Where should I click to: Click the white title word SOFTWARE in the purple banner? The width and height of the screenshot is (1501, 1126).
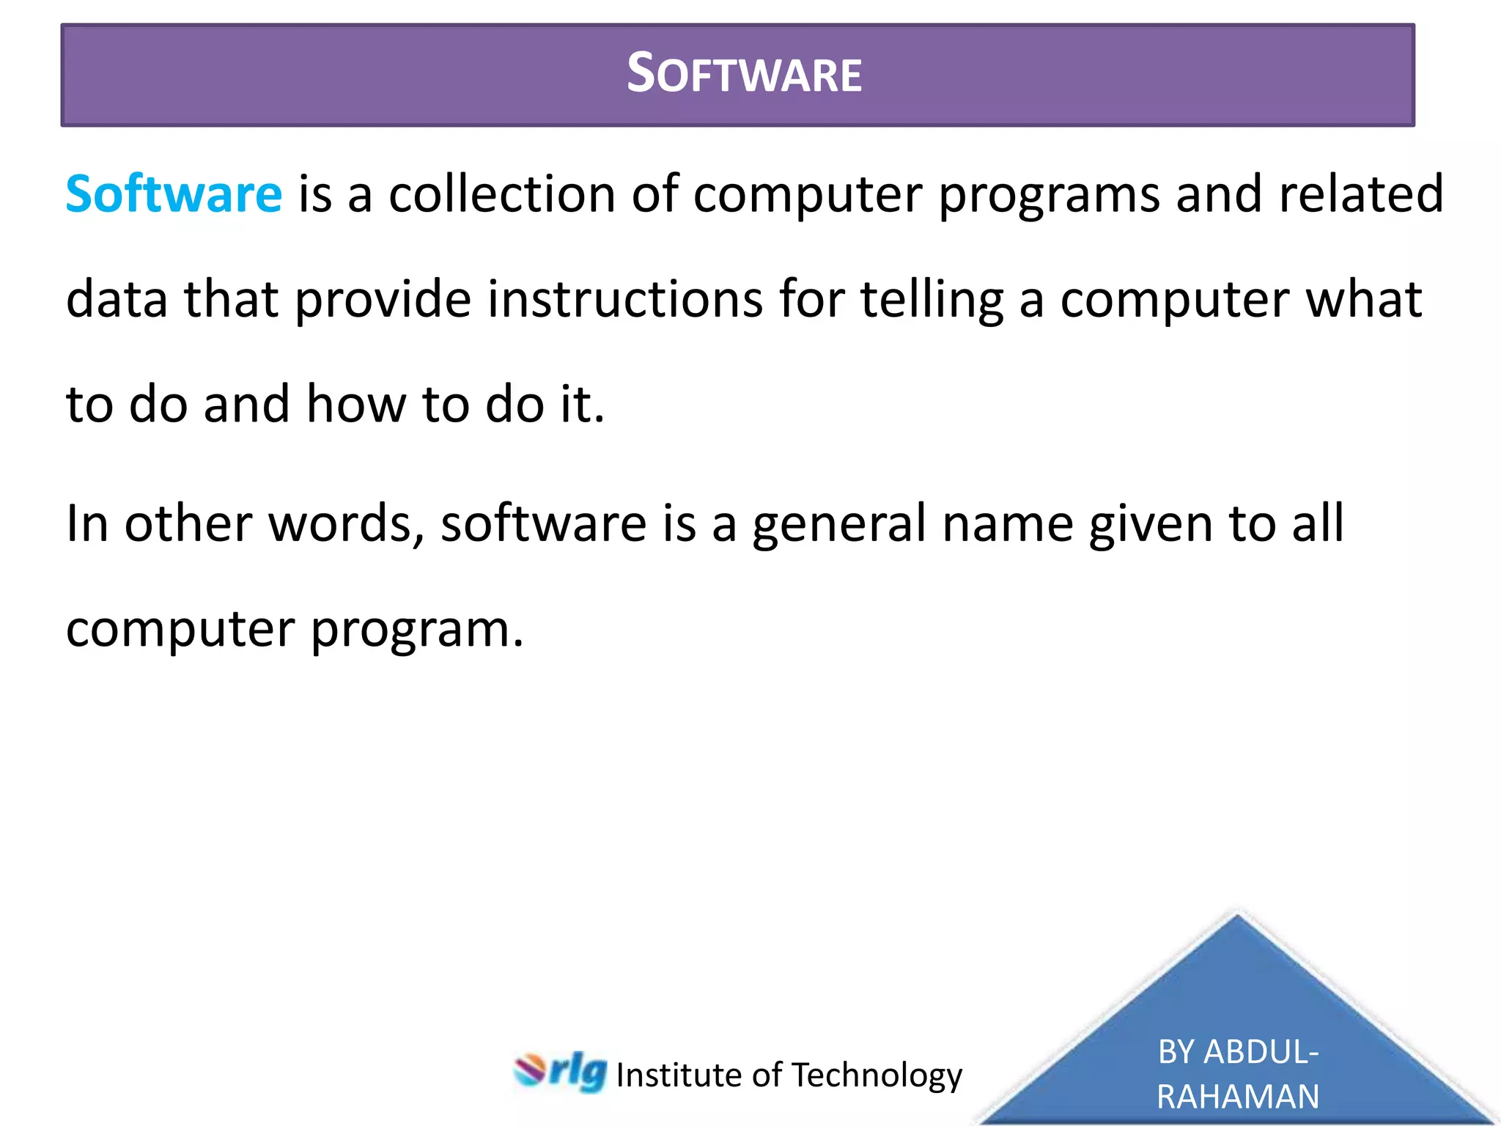[744, 74]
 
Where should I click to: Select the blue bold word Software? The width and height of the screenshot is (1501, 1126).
[174, 194]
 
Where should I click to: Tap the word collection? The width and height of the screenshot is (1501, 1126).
[502, 194]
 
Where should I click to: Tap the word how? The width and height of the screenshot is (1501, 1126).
[355, 404]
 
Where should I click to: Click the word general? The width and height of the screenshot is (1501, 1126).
[839, 523]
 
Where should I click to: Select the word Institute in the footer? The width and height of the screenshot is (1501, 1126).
[679, 1075]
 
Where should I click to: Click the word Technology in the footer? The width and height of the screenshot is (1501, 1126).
[877, 1075]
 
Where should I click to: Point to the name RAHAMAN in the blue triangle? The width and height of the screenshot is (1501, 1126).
[1238, 1097]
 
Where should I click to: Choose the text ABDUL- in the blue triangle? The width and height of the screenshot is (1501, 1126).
[1261, 1052]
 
